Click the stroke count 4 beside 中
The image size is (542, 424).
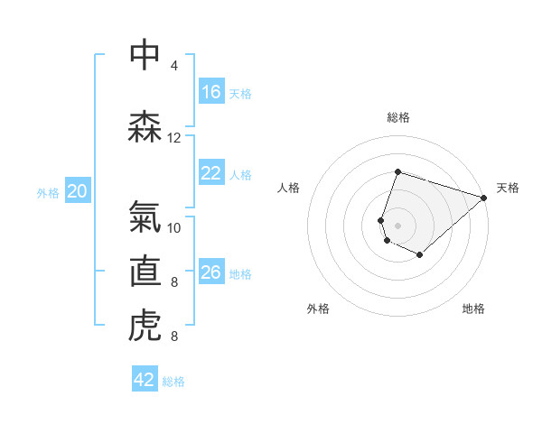tap(174, 66)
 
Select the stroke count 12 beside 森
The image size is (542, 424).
tap(174, 138)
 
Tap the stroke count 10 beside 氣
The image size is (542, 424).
tap(174, 227)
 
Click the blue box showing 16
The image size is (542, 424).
tap(211, 92)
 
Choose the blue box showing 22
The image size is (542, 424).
tap(211, 173)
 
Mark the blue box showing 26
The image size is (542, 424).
tap(211, 272)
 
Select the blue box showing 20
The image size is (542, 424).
tap(78, 191)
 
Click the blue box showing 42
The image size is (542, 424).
tap(145, 380)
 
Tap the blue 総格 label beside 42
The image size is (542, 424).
tap(174, 382)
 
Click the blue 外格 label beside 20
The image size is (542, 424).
tap(48, 192)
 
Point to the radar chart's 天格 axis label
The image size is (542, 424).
tap(508, 188)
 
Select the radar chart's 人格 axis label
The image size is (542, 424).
tap(289, 188)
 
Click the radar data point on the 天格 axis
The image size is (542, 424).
tap(484, 198)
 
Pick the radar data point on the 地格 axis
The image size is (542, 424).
tap(420, 255)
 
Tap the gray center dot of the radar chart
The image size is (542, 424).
tap(398, 225)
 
